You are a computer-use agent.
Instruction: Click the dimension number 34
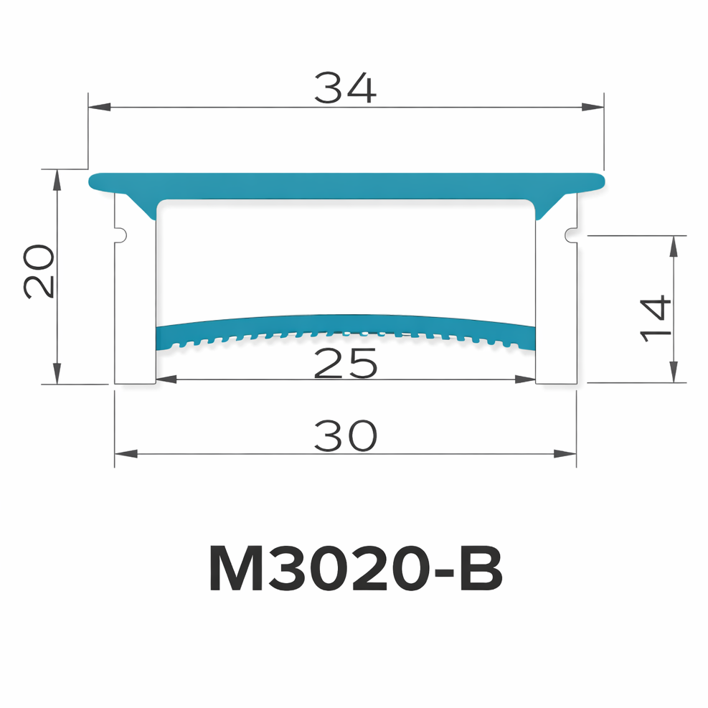[345, 89]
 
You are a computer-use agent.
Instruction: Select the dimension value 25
[346, 364]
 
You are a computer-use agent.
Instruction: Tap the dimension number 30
[345, 436]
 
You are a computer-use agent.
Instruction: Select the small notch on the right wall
[570, 234]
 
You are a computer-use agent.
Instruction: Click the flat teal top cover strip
[346, 184]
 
